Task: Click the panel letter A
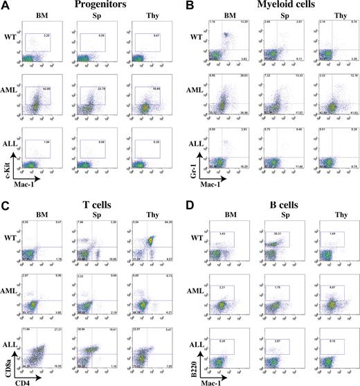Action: point(6,6)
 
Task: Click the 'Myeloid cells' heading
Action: point(280,6)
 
